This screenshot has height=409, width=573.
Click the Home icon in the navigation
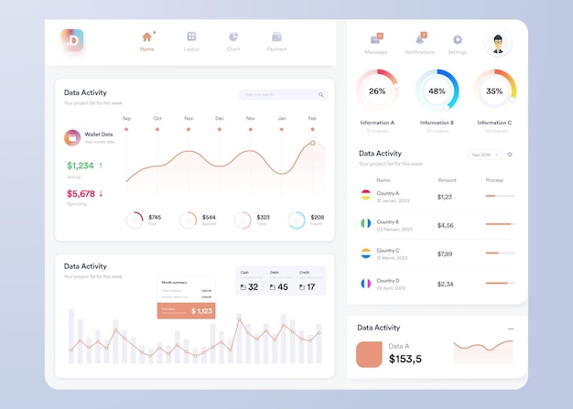pyautogui.click(x=146, y=37)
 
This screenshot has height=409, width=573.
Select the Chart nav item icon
pyautogui.click(x=233, y=37)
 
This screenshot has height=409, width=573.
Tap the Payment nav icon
pyautogui.click(x=276, y=37)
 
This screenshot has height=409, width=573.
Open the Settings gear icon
pyautogui.click(x=458, y=39)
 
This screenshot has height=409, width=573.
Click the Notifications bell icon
pyautogui.click(x=419, y=39)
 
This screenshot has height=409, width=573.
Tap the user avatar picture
pyautogui.click(x=497, y=42)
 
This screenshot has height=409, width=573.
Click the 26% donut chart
pyautogui.click(x=377, y=91)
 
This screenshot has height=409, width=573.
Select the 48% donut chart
pyautogui.click(x=437, y=91)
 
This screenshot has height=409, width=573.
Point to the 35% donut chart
pyautogui.click(x=494, y=91)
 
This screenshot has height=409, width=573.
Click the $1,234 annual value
pyautogui.click(x=81, y=166)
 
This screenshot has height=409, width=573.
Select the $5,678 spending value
pyautogui.click(x=81, y=194)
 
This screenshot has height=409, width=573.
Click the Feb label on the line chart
pyautogui.click(x=312, y=118)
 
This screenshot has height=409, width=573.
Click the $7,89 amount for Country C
pyautogui.click(x=445, y=253)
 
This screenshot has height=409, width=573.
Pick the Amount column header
pyautogui.click(x=447, y=180)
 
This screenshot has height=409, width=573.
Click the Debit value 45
pyautogui.click(x=282, y=287)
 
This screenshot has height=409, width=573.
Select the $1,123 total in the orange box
pyautogui.click(x=201, y=312)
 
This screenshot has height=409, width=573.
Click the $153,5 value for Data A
pyautogui.click(x=405, y=359)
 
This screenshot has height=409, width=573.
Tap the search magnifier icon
pyautogui.click(x=320, y=94)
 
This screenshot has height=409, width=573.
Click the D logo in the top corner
pyautogui.click(x=72, y=39)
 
